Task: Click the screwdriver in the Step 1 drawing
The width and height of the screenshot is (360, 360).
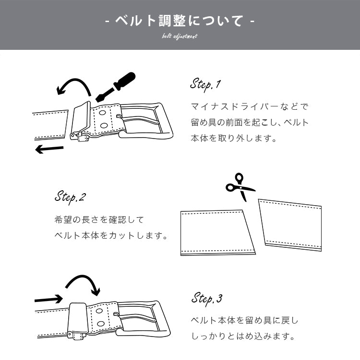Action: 115,87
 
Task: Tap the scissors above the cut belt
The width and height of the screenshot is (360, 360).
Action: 240,187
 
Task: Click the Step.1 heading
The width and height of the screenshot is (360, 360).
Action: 205,85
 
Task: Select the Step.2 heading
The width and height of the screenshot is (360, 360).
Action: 70,197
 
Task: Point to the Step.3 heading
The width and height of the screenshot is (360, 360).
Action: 207,299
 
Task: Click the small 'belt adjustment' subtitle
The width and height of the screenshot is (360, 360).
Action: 180,36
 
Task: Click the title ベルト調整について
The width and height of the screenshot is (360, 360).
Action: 180,21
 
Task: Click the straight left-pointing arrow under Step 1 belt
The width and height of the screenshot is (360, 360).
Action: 49,149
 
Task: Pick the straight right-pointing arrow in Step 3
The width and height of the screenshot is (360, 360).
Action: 48,299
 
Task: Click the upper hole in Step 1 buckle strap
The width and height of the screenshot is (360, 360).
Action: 102,113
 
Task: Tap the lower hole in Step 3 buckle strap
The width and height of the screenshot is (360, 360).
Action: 100,324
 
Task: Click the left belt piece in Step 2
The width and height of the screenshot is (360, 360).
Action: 216,232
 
